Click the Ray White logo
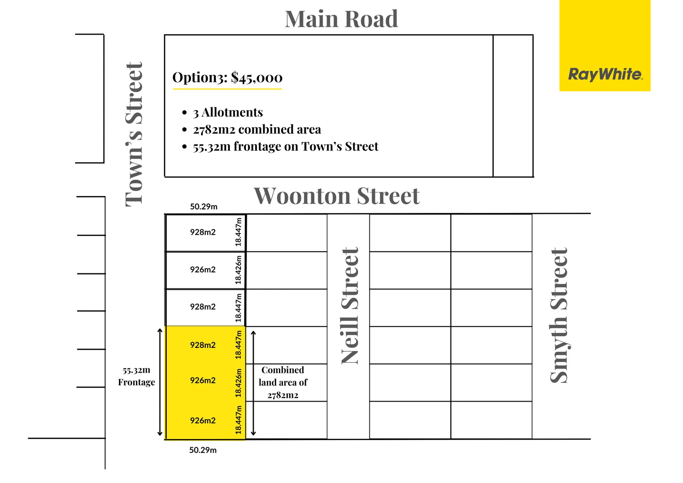coord(605,74)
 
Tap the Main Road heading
coord(341,19)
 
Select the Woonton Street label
coord(337,196)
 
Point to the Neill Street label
coord(350,306)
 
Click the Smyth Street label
coord(559,315)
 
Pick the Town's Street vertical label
coord(134,134)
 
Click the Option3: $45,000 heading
coord(228,78)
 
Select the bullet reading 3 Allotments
coord(228,112)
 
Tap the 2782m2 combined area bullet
coord(257,130)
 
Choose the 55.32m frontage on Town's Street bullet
coord(285,147)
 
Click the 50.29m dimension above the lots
coord(203,207)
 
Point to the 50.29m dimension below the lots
coord(202,450)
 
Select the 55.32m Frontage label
coord(136,376)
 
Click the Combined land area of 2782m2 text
coord(283,382)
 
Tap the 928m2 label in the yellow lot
coord(202,345)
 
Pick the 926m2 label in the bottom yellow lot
coord(202,420)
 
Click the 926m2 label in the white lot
coord(202,270)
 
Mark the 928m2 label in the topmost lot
coord(202,232)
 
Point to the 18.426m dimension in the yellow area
coord(239,383)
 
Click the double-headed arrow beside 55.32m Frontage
coord(160,382)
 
